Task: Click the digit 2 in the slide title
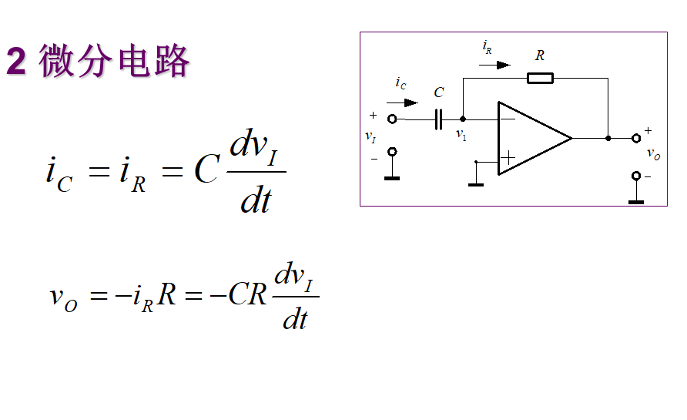pyautogui.click(x=16, y=62)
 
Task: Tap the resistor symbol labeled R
pyautogui.click(x=540, y=77)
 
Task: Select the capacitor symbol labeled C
pyautogui.click(x=439, y=119)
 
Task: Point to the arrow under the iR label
pyautogui.click(x=494, y=65)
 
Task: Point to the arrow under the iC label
pyautogui.click(x=403, y=102)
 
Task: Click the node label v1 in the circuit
pyautogui.click(x=461, y=134)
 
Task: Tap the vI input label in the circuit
pyautogui.click(x=370, y=136)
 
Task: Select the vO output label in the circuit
pyautogui.click(x=653, y=153)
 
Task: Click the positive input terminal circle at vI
pyautogui.click(x=392, y=119)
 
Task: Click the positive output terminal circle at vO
pyautogui.click(x=636, y=139)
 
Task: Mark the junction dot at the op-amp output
pyautogui.click(x=608, y=139)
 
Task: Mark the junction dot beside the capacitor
pyautogui.click(x=462, y=119)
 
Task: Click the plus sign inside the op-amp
pyautogui.click(x=508, y=158)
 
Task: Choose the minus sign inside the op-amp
pyautogui.click(x=508, y=119)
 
